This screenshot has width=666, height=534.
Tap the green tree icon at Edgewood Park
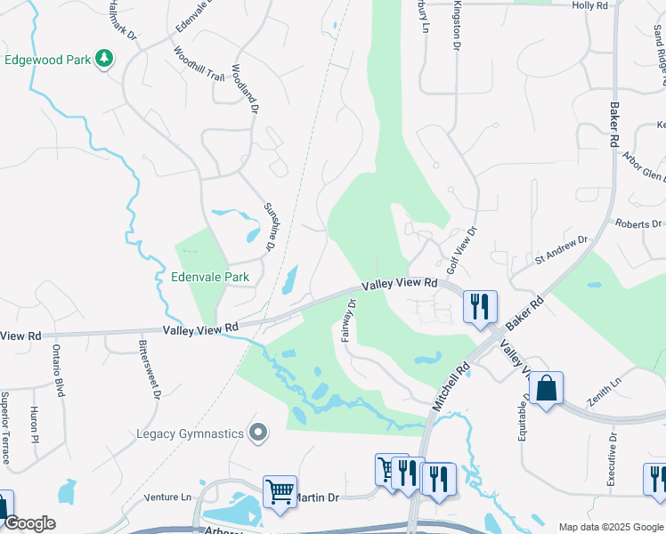105,59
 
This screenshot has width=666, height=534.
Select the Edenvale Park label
210,277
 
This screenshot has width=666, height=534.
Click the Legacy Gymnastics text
190,433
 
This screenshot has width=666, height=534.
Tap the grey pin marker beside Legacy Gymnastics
258,433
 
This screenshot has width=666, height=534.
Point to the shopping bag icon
546,389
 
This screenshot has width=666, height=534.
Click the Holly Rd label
589,5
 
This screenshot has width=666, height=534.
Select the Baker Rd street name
613,124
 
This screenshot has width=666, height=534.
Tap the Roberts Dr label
638,224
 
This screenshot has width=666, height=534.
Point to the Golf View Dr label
462,248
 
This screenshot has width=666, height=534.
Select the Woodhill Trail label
199,64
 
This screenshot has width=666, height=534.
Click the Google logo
28,523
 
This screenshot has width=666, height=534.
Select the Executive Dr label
613,459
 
